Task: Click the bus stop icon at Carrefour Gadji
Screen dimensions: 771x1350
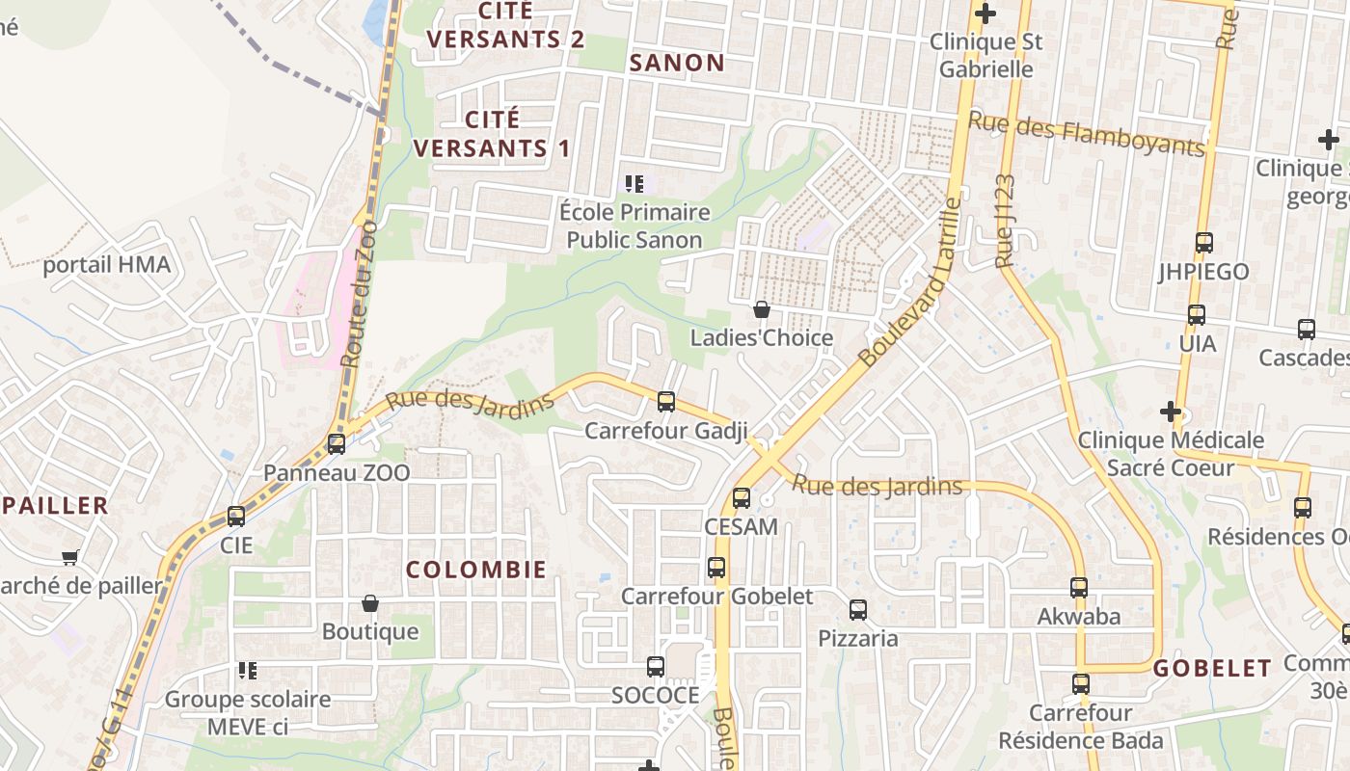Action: (x=665, y=402)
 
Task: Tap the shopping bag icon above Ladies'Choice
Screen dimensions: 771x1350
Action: (x=762, y=309)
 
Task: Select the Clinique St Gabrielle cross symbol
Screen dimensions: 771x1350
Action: (x=985, y=13)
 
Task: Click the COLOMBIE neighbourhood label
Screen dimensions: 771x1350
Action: (x=476, y=570)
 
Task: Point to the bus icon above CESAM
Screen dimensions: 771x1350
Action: (x=741, y=498)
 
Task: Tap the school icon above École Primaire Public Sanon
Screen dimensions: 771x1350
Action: (x=634, y=183)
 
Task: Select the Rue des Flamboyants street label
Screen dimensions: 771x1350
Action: (x=1086, y=133)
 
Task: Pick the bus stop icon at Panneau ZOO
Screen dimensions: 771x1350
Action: (x=337, y=444)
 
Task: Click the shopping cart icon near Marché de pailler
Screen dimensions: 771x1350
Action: (x=69, y=557)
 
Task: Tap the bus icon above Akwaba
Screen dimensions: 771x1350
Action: (x=1078, y=588)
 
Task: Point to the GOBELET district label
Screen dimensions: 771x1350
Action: (x=1212, y=668)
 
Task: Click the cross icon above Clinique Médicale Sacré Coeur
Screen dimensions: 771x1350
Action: (x=1171, y=412)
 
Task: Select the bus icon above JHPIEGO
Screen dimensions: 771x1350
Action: (x=1203, y=243)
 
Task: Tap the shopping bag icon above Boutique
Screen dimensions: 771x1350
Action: (x=369, y=604)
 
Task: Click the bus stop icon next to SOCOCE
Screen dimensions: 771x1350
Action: (x=655, y=666)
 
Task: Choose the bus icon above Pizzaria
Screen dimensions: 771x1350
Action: (x=857, y=610)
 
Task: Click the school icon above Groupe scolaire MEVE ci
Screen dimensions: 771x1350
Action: (x=248, y=670)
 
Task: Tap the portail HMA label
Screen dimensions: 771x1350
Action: (x=106, y=265)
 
